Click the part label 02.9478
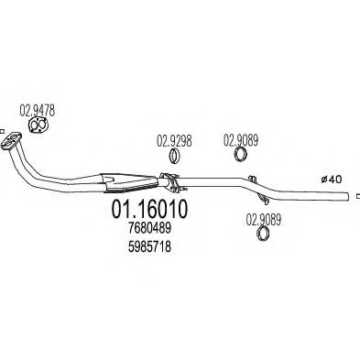pos(38,111)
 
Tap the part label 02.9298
pos(174,140)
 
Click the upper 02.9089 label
pos(241,140)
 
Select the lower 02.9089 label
pos(263,220)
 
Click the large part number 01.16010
pos(149,209)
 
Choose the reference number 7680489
pos(149,228)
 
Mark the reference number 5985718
pos(149,246)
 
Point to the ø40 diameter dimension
pos(332,180)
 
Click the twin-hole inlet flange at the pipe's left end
pos(11,141)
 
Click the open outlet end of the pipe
pos(347,196)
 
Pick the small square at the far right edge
pos(358,196)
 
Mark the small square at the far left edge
pos(2,132)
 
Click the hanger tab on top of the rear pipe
pos(252,178)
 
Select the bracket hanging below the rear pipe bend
pos(263,200)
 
